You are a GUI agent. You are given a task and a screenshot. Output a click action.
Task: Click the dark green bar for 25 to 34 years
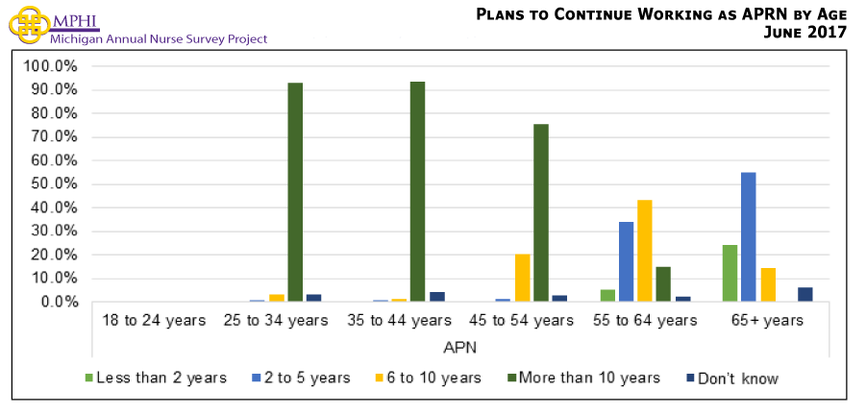295,192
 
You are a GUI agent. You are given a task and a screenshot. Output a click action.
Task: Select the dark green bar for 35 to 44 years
417,192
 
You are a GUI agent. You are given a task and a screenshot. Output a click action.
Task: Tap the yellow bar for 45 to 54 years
523,278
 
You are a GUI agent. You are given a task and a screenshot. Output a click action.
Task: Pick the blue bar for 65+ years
748,236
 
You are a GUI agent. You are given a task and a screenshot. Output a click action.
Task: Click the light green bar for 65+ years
730,273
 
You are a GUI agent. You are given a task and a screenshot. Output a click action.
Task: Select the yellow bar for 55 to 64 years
645,251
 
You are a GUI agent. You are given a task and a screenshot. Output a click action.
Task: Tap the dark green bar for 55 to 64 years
662,284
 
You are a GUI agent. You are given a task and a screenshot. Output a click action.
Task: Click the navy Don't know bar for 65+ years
805,294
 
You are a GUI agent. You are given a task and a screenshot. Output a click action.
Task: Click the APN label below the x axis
459,345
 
